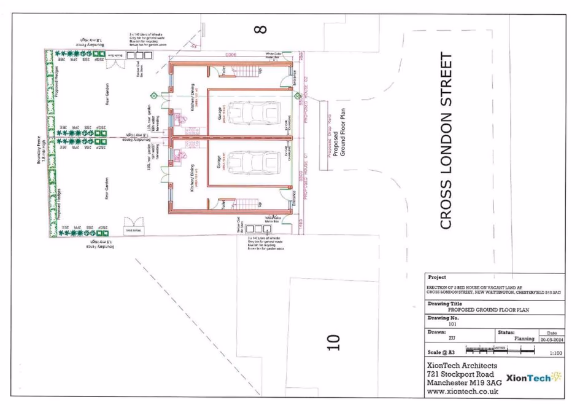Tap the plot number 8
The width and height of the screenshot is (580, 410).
[x=260, y=29]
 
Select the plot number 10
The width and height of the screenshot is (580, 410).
[x=332, y=342]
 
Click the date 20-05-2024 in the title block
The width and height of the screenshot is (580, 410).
[x=551, y=339]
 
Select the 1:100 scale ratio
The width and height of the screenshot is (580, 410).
[x=556, y=353]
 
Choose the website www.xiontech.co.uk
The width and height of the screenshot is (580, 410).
[x=462, y=391]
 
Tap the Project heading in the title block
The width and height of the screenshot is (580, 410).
[x=437, y=277]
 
